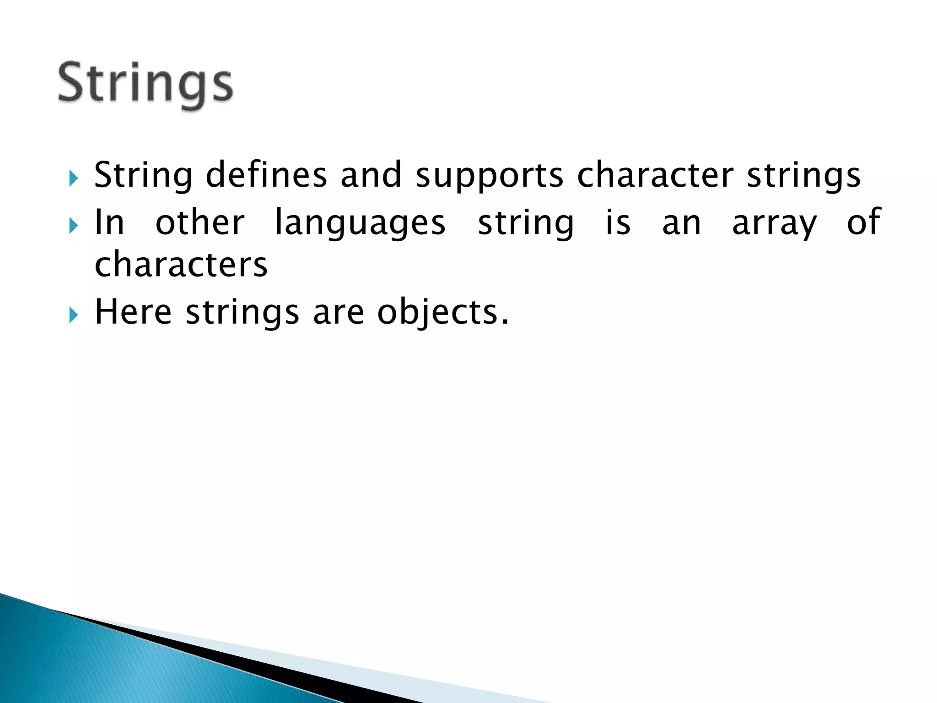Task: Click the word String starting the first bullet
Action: click(143, 175)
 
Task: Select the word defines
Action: click(266, 175)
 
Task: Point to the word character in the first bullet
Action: click(655, 175)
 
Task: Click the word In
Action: click(109, 223)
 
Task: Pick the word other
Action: click(200, 223)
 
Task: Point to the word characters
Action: click(181, 265)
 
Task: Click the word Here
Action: click(133, 312)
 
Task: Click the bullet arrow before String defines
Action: click(74, 178)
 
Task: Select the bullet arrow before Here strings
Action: click(74, 315)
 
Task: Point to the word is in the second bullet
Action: click(618, 223)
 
